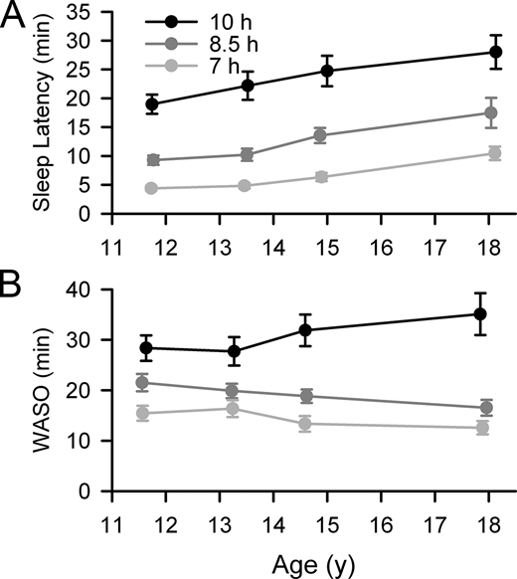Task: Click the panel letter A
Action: pyautogui.click(x=16, y=16)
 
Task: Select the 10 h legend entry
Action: pyautogui.click(x=211, y=21)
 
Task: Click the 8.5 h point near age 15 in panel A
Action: pyautogui.click(x=320, y=135)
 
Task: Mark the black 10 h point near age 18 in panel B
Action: pyautogui.click(x=480, y=314)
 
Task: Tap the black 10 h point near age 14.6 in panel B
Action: pyautogui.click(x=305, y=330)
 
